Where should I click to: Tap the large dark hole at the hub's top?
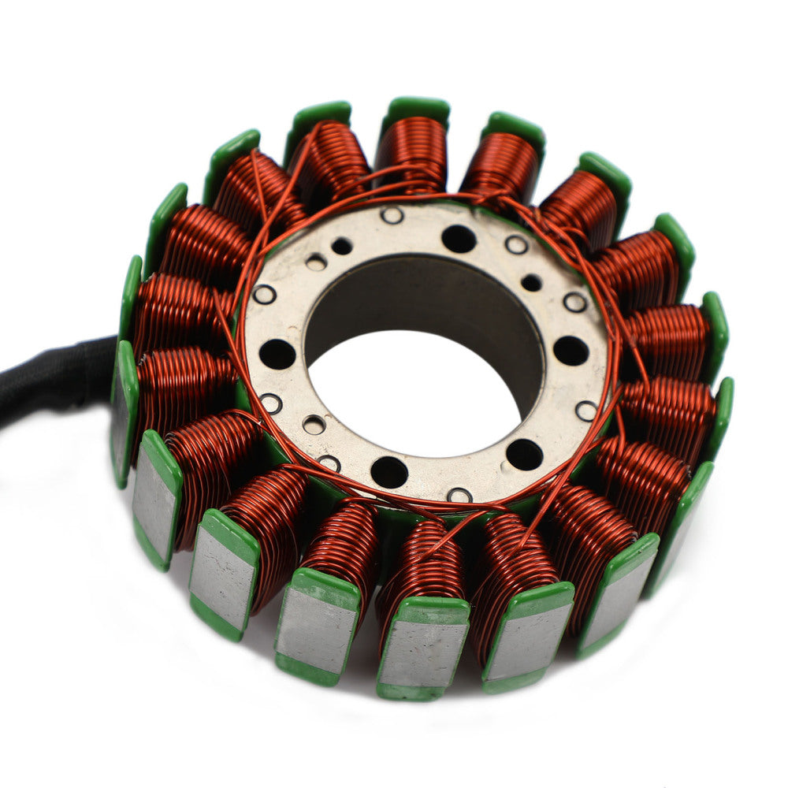coord(459,238)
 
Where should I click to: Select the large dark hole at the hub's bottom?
coord(389,472)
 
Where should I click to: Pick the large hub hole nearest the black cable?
coord(277,354)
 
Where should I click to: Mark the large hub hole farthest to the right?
coord(571,351)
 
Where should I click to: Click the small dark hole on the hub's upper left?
coord(341,247)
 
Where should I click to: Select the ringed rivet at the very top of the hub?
coord(392,215)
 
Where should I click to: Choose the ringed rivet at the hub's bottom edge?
coord(459,496)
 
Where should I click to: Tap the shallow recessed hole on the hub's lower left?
coord(314,425)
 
